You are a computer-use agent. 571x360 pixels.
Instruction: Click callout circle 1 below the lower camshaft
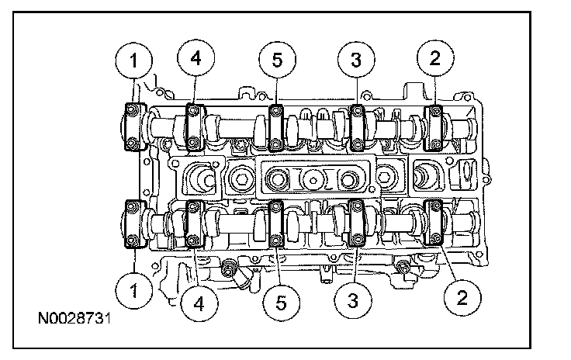[135, 292]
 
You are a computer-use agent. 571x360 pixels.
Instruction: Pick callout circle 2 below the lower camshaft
[462, 296]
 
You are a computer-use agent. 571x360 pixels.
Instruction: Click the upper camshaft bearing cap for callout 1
[134, 125]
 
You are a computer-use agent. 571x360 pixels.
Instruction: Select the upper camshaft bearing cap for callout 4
[193, 125]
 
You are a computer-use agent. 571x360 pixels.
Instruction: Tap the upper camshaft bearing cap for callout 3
[358, 125]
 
